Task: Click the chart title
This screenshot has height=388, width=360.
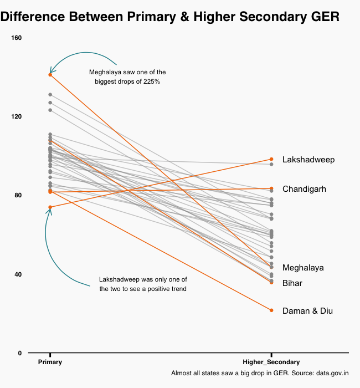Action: (169, 17)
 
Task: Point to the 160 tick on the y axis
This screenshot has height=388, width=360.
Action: (16, 38)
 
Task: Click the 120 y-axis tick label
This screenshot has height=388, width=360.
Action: (16, 117)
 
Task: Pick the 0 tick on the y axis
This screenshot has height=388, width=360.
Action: (19, 353)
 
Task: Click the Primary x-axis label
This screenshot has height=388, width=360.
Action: (50, 362)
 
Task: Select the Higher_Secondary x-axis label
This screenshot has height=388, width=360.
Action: (271, 362)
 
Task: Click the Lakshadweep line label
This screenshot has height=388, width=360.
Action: (308, 160)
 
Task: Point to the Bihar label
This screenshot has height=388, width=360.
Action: (292, 283)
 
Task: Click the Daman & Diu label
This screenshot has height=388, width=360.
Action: (307, 311)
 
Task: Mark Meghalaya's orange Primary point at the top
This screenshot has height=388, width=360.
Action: (50, 74)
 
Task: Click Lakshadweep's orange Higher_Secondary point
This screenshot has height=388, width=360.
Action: (271, 159)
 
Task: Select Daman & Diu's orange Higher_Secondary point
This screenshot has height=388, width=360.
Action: (271, 310)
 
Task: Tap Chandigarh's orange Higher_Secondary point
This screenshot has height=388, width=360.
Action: (271, 188)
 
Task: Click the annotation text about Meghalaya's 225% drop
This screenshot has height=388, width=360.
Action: (127, 77)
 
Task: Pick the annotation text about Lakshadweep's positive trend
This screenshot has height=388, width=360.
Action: (143, 284)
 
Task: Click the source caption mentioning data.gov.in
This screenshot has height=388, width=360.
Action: (260, 374)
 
